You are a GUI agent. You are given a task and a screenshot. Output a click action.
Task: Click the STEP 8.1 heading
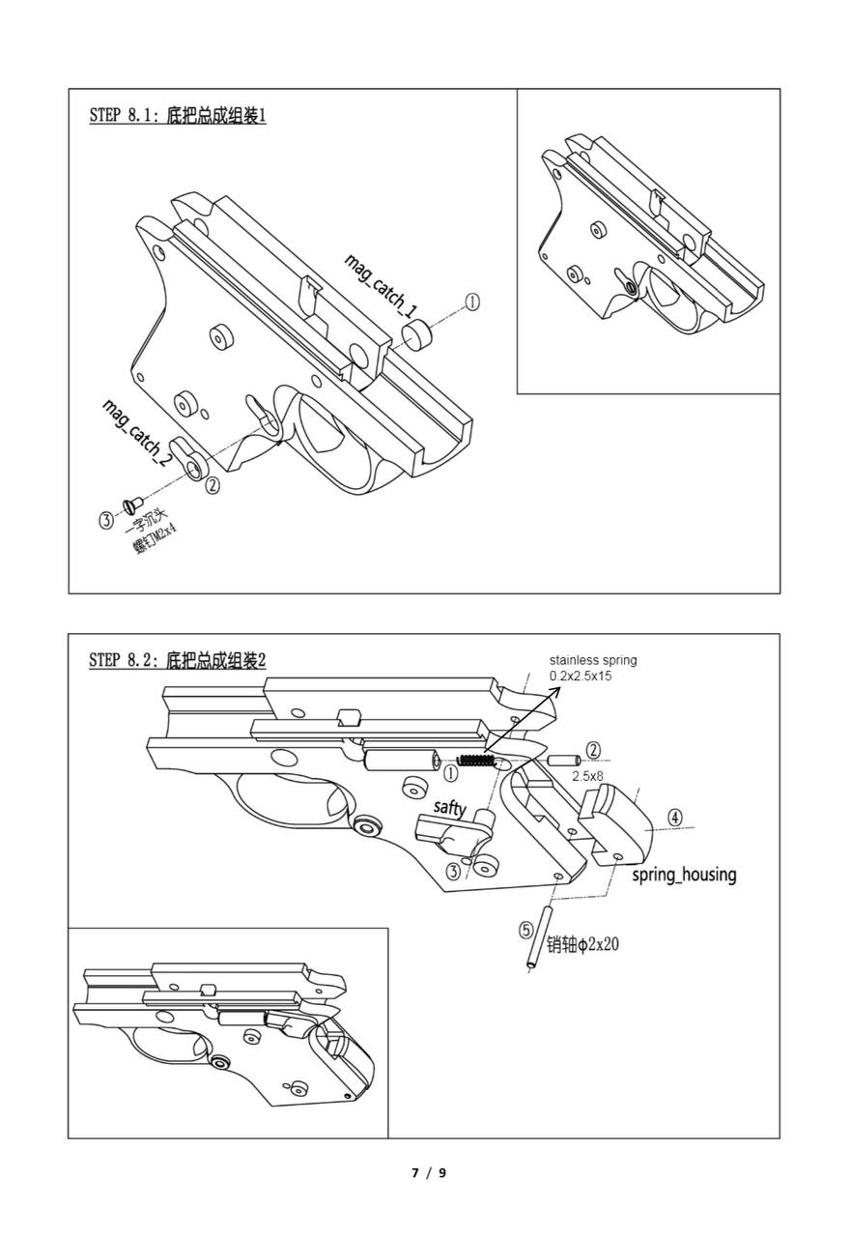pos(177,116)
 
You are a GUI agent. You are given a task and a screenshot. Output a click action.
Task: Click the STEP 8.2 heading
pos(177,661)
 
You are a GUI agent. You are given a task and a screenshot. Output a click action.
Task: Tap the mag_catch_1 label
pos(382,286)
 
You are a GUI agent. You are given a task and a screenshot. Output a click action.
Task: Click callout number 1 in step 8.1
pos(472,302)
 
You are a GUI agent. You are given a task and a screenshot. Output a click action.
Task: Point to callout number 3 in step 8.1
pos(105,520)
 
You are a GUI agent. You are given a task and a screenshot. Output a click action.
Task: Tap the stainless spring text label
pos(592,668)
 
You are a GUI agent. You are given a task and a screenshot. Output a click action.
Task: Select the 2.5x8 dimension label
pos(587,776)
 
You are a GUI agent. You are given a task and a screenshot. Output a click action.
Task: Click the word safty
pos(449,807)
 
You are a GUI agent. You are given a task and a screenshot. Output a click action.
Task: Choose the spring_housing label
pos(684,875)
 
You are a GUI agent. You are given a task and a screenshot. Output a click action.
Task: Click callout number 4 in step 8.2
pos(674,818)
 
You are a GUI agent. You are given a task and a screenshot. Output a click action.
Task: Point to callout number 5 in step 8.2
pos(525,930)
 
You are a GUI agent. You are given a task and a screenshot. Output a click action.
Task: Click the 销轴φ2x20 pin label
pos(582,943)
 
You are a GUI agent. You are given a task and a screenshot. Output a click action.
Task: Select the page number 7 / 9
pos(429,1173)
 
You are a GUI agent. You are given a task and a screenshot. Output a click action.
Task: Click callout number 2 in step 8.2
pos(593,750)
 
